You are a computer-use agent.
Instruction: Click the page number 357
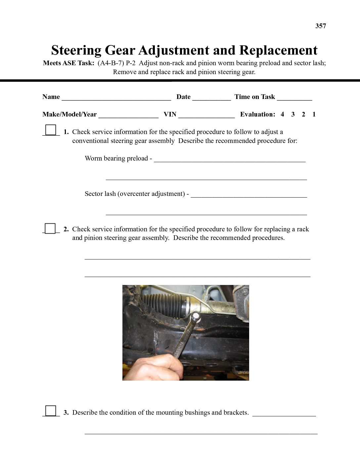321,26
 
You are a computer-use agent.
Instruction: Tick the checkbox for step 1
51,129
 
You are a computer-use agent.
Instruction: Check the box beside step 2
50,228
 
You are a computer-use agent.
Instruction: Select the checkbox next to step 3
51,411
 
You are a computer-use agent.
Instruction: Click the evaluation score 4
282,115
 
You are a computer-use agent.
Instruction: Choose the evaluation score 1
314,115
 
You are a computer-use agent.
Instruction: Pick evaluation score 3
293,115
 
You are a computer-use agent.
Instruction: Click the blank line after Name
116,98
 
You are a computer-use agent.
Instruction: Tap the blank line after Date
211,98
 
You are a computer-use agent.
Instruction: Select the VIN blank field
206,115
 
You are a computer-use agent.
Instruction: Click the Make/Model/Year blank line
128,115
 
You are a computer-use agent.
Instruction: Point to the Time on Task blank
294,98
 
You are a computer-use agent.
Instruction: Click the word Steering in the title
76,50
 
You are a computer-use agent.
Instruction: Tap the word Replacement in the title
278,50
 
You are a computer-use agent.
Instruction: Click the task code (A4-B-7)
111,63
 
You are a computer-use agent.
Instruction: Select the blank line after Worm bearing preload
230,160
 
